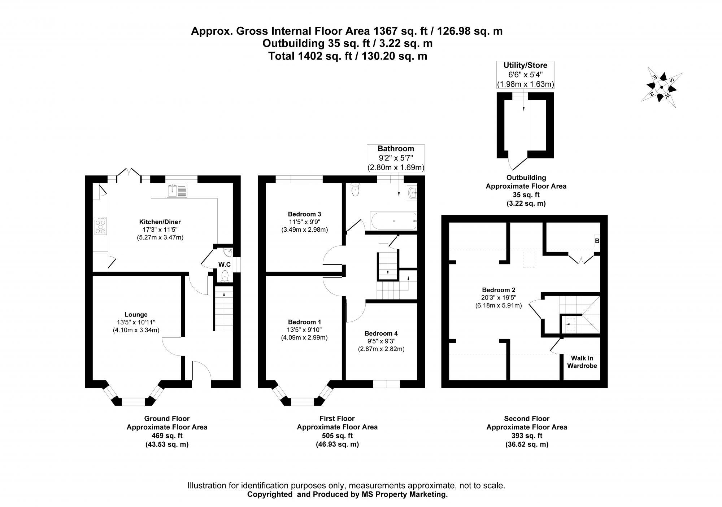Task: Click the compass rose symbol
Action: (661, 87)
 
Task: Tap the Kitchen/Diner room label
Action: (160, 222)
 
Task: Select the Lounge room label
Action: (136, 315)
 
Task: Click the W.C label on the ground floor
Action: (224, 265)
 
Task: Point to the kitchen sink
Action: (177, 190)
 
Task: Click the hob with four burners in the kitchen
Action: (100, 226)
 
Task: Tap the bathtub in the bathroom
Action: (393, 220)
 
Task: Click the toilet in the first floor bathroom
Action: (356, 190)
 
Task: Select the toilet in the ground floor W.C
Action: (225, 276)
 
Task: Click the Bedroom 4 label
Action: (381, 333)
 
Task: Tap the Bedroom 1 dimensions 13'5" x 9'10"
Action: (304, 330)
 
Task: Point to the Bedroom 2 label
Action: (499, 290)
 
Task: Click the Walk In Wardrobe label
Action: (582, 362)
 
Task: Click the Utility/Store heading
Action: (525, 66)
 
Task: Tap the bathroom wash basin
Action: (412, 193)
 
